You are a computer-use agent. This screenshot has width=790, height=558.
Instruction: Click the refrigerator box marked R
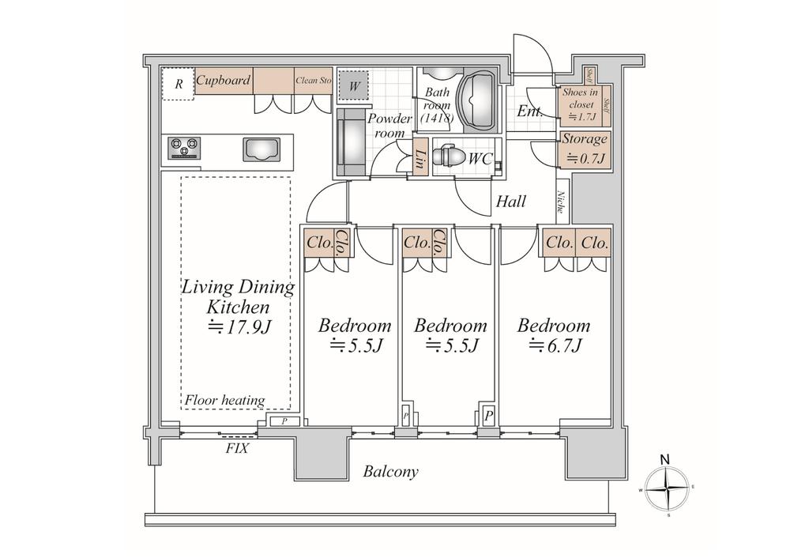tap(179, 84)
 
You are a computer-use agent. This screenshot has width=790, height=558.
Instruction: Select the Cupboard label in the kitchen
tap(224, 81)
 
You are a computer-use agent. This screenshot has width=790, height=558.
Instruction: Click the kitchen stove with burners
tap(184, 147)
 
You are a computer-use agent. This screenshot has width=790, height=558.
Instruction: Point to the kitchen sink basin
tap(260, 149)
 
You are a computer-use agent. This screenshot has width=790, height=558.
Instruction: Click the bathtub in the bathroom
tap(477, 100)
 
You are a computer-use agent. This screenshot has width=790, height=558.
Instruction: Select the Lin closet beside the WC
tap(421, 158)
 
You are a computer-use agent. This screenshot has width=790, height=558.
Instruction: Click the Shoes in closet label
tap(580, 104)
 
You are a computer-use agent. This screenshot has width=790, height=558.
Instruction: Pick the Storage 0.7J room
tap(585, 148)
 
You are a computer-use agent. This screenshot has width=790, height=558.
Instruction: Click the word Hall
tap(510, 202)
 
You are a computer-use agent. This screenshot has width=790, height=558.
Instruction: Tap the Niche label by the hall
tap(560, 203)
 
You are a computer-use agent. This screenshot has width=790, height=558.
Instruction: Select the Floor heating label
tap(225, 401)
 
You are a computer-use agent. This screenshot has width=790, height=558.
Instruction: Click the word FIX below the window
tap(237, 448)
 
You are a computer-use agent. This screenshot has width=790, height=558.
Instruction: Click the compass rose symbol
tap(668, 489)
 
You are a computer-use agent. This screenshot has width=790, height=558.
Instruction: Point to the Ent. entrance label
tap(529, 111)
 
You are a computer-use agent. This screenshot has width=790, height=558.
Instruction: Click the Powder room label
tap(389, 126)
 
